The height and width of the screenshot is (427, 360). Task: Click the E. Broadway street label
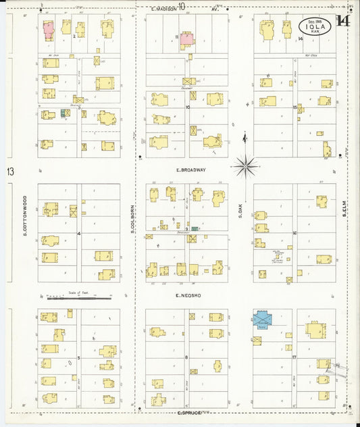(190, 170)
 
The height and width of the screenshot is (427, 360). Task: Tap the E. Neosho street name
(187, 296)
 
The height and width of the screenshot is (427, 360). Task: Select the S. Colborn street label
(134, 220)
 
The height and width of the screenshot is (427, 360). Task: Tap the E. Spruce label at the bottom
(188, 411)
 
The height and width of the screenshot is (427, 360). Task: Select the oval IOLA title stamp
(316, 26)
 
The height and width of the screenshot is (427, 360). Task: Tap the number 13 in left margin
(10, 172)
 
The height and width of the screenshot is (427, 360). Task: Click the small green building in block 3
(66, 113)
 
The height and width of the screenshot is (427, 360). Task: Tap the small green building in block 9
(195, 230)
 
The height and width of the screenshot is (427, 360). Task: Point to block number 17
(295, 356)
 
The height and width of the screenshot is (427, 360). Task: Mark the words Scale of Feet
(79, 293)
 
